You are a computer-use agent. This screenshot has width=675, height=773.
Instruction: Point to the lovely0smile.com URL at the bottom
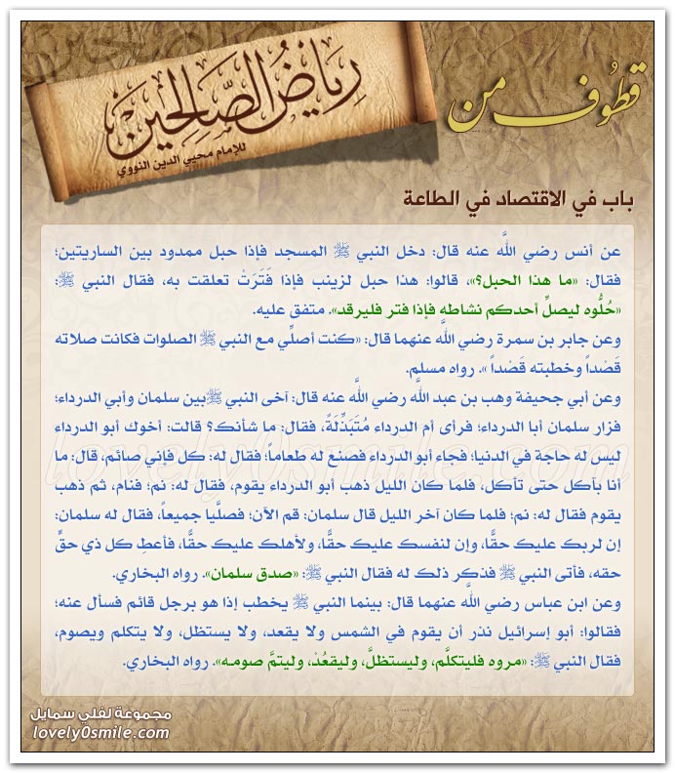click(99, 731)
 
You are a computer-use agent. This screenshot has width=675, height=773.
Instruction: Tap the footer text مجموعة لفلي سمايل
click(100, 713)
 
